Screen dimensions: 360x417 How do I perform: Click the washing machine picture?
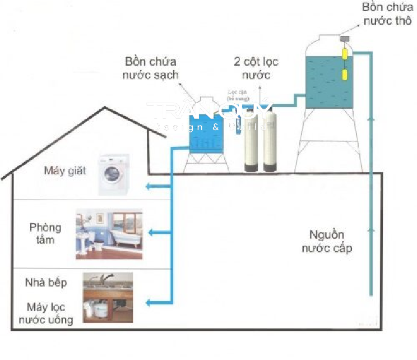[x=114, y=174]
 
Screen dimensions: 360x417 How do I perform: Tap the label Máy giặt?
[x=65, y=170]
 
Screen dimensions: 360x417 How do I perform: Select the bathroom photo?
[x=109, y=234]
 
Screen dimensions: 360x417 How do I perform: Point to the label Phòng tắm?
[x=46, y=234]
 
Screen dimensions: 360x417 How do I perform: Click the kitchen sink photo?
[x=108, y=297]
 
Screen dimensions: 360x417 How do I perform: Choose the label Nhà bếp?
[x=46, y=282]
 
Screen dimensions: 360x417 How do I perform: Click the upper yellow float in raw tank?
[x=344, y=54]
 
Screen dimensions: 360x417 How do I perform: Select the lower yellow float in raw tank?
[x=344, y=75]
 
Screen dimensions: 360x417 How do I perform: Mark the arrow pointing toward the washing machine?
[x=152, y=187]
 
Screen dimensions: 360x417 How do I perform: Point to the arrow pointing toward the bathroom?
[x=152, y=232]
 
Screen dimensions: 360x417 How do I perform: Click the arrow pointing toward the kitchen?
[x=152, y=303]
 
